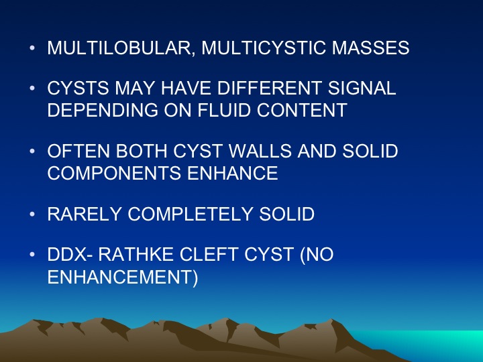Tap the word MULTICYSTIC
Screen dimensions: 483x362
(264, 48)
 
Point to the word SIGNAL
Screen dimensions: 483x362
(362, 88)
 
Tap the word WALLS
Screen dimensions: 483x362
(260, 151)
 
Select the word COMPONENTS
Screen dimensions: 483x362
(114, 173)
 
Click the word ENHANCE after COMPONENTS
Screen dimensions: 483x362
(233, 173)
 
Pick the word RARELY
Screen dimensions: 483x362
(84, 214)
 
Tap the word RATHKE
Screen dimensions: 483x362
(136, 254)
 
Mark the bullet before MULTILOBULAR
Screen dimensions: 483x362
(32, 48)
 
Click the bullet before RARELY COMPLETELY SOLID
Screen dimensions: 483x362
(32, 214)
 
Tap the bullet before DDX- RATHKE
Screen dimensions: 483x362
(32, 254)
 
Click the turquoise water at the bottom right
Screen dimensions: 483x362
(431, 345)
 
